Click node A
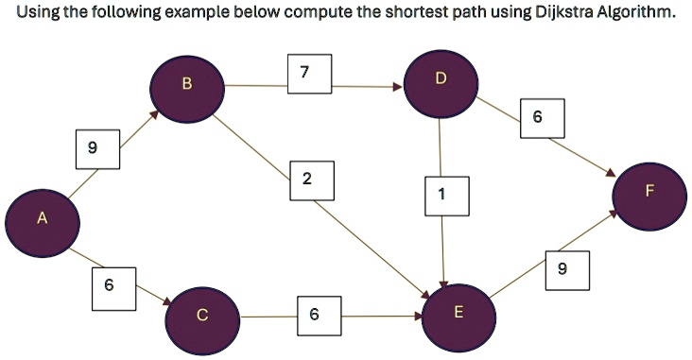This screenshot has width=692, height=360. (x=41, y=219)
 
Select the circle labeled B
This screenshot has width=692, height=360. (x=186, y=85)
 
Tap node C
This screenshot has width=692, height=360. (x=202, y=317)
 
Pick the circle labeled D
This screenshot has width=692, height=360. (x=441, y=77)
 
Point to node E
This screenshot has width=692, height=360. (x=458, y=312)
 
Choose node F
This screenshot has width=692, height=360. (x=649, y=192)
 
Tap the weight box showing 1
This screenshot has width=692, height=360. (x=442, y=194)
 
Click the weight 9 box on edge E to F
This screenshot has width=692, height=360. (x=563, y=269)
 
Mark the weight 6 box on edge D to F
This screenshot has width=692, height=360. (x=538, y=117)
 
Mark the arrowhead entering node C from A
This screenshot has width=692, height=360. (x=168, y=302)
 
